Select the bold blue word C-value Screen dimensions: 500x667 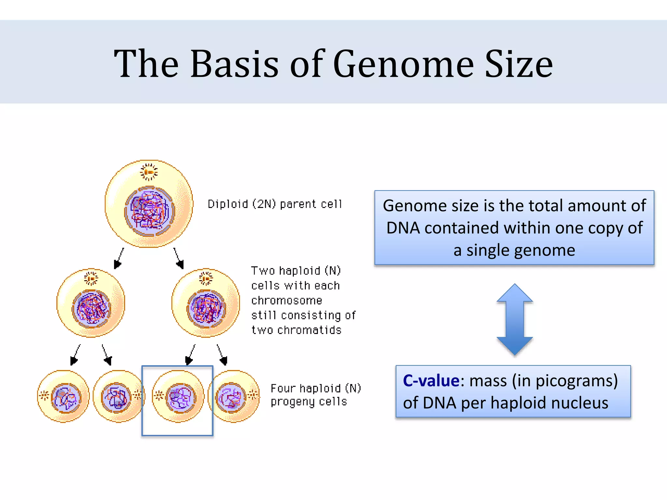tap(431, 381)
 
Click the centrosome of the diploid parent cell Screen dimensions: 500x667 tap(149, 172)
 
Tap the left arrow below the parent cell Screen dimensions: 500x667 tap(119, 258)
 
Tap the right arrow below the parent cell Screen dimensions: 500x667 tap(179, 258)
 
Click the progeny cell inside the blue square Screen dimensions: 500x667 tap(178, 396)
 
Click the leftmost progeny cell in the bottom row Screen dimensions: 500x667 tap(63, 396)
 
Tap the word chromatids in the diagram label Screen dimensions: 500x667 tap(309, 330)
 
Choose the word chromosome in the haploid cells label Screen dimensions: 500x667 tap(287, 300)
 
